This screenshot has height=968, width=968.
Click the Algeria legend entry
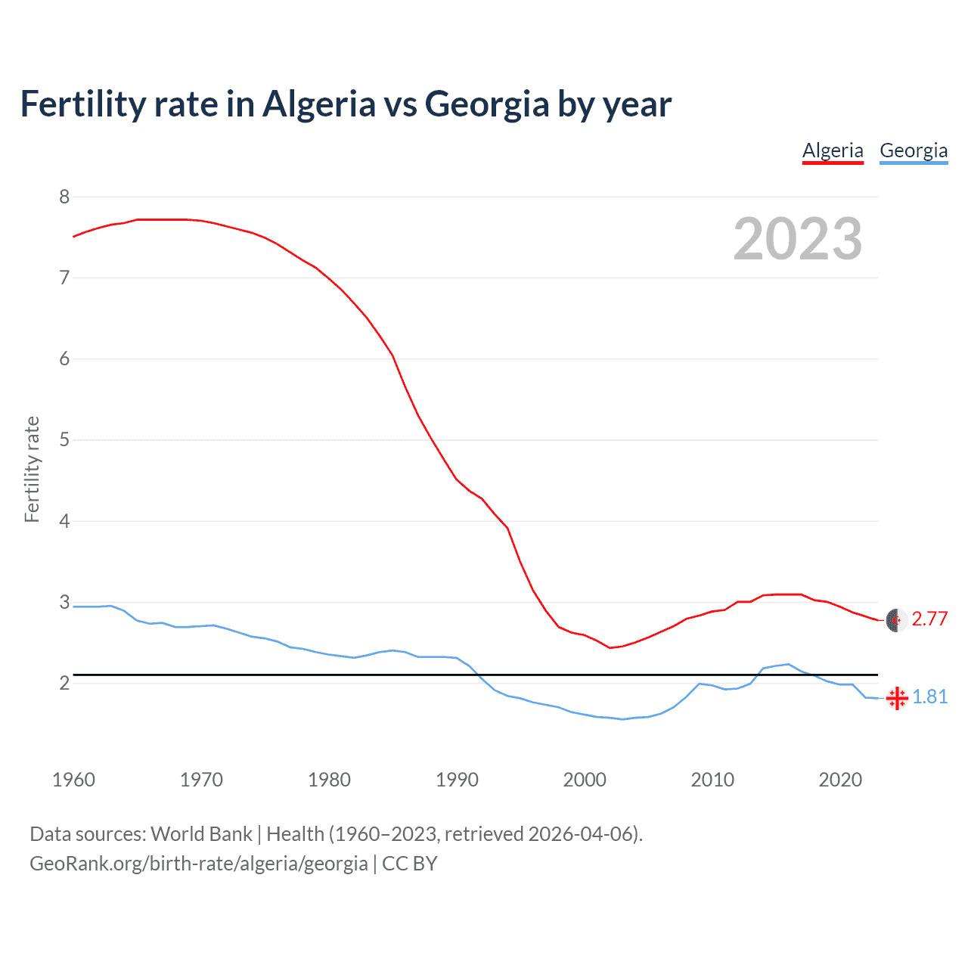point(833,150)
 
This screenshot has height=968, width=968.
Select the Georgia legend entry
point(914,150)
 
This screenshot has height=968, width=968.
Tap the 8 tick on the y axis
point(64,197)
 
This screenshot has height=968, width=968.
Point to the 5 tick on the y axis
point(64,440)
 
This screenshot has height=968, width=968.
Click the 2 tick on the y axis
point(64,684)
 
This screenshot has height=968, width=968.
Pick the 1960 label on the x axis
point(73,780)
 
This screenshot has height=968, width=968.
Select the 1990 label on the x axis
point(457,780)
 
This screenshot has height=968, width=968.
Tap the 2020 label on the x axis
point(840,780)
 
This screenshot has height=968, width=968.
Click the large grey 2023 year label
point(798,239)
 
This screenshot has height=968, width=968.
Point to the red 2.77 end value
point(929,619)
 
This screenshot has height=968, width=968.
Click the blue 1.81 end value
point(929,697)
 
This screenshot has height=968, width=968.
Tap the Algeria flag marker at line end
point(896,620)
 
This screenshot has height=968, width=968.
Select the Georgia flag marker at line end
point(897,698)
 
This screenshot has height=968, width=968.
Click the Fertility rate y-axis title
point(32,469)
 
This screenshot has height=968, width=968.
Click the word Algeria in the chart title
point(318,104)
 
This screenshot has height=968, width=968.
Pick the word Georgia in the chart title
point(487,104)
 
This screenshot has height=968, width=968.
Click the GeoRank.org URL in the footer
point(198,864)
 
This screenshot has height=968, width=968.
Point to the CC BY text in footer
point(410,864)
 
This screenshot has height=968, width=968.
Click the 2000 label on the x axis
point(585,780)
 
